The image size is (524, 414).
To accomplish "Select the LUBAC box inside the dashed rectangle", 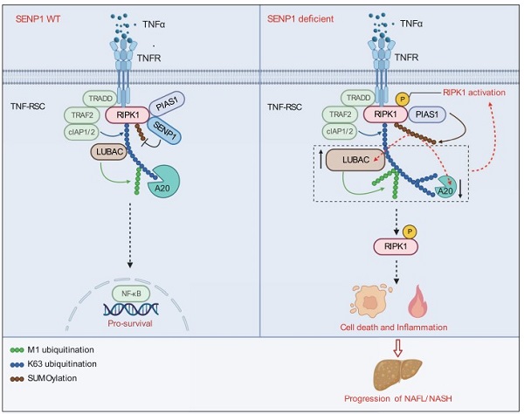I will coord(356,160).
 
